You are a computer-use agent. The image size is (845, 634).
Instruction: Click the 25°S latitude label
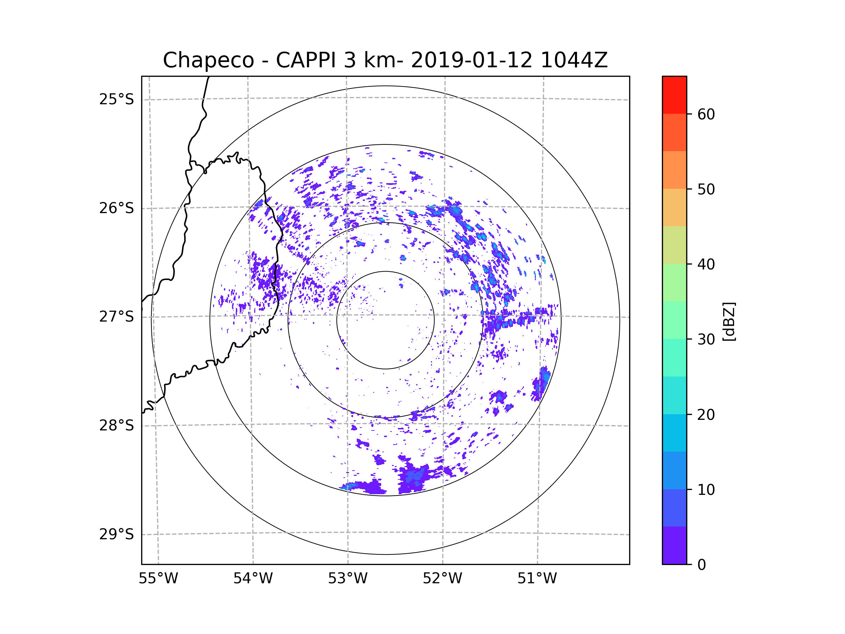click(117, 99)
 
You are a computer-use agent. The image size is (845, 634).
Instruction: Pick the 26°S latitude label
click(117, 208)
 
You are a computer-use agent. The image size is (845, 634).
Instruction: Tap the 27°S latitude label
click(117, 317)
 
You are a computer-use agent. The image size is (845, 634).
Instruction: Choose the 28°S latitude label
click(117, 425)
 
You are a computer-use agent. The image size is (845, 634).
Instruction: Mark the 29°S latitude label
click(117, 534)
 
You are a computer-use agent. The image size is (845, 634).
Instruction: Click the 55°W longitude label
click(158, 579)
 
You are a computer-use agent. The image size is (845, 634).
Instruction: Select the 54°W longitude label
click(253, 579)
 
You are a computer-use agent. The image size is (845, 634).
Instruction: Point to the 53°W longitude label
click(348, 579)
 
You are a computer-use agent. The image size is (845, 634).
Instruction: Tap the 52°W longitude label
click(442, 579)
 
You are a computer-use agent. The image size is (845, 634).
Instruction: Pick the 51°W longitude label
click(537, 579)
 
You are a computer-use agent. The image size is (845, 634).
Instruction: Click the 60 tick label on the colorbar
click(706, 114)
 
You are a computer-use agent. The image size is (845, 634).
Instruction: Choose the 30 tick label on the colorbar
click(706, 339)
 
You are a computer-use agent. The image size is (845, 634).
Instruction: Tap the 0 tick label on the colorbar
click(702, 565)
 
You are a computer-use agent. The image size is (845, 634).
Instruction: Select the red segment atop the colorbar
click(675, 95)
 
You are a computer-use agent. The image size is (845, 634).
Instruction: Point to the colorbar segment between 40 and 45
click(675, 245)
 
